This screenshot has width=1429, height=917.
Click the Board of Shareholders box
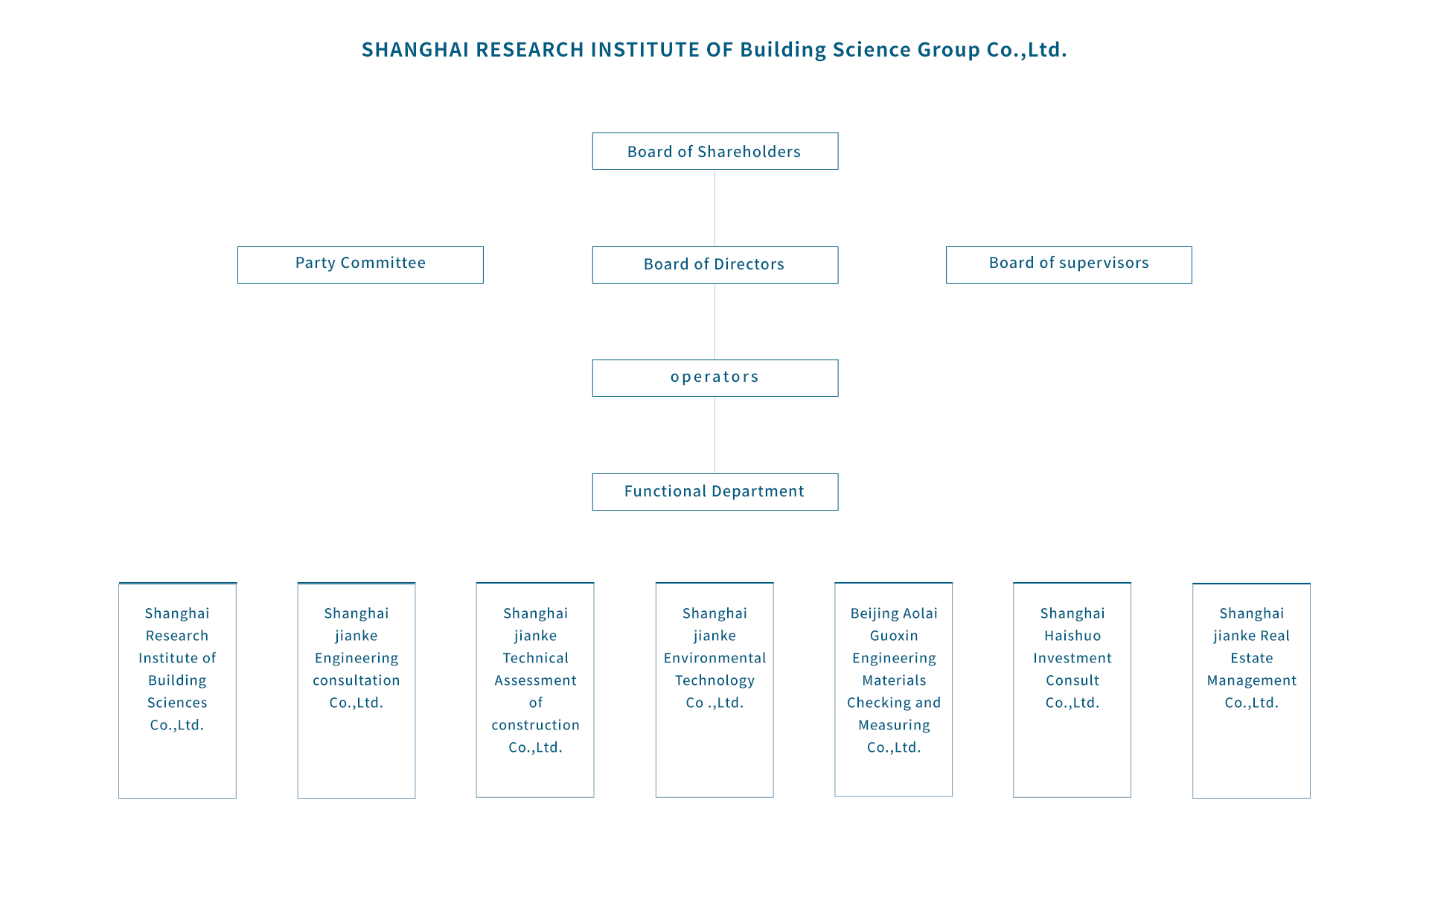714,151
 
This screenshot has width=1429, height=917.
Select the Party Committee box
360,265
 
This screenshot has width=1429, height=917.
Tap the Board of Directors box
714,265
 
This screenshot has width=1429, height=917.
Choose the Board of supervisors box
1069,265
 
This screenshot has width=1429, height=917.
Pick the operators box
714,378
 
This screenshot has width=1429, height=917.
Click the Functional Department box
714,492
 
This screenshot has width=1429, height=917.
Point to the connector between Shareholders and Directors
714,208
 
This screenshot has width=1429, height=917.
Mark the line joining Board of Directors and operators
714,322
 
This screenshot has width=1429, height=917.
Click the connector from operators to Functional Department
714,435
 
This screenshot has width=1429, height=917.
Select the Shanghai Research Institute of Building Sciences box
177,690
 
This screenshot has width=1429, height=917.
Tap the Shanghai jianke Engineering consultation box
357,690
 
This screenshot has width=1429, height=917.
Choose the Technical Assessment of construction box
535,690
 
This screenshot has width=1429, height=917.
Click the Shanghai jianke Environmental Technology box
714,690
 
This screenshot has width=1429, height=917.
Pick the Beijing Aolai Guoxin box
894,689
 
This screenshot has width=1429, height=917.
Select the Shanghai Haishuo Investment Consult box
1072,690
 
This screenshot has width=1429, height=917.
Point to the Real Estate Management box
1252,691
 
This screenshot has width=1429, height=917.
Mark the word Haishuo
1072,636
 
